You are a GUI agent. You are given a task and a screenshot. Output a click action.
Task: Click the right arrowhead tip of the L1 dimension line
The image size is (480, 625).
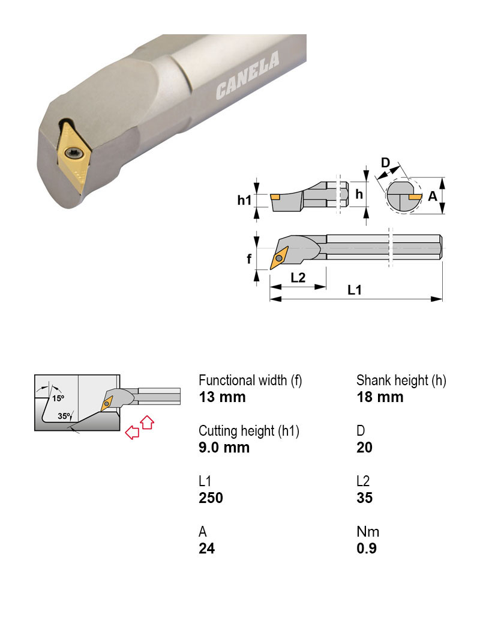click(442, 299)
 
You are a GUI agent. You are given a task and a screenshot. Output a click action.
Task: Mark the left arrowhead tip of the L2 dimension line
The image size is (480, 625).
click(270, 287)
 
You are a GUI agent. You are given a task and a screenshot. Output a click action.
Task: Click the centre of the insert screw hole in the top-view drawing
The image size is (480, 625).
click(280, 258)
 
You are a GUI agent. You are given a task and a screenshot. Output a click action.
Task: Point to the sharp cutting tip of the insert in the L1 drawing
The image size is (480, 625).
click(271, 269)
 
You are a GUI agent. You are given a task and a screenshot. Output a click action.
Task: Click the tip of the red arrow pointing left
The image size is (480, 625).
click(126, 432)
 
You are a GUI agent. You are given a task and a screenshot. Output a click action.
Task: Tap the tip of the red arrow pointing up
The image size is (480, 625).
click(147, 416)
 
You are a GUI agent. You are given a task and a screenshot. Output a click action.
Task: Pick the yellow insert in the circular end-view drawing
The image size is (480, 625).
click(415, 197)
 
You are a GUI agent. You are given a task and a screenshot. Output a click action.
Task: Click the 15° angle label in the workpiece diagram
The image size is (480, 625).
click(58, 398)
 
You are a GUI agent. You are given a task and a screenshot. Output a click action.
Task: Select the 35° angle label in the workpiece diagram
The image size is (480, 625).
click(64, 416)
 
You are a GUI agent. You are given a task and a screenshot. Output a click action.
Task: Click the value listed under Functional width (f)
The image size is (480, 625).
click(222, 397)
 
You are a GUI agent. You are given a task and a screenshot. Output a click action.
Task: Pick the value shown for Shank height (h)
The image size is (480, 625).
click(380, 397)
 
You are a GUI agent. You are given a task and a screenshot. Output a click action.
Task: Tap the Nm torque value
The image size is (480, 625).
click(367, 548)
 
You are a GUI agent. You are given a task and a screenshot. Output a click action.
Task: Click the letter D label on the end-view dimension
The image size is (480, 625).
click(386, 163)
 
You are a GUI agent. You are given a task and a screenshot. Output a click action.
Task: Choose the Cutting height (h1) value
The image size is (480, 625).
click(224, 447)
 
